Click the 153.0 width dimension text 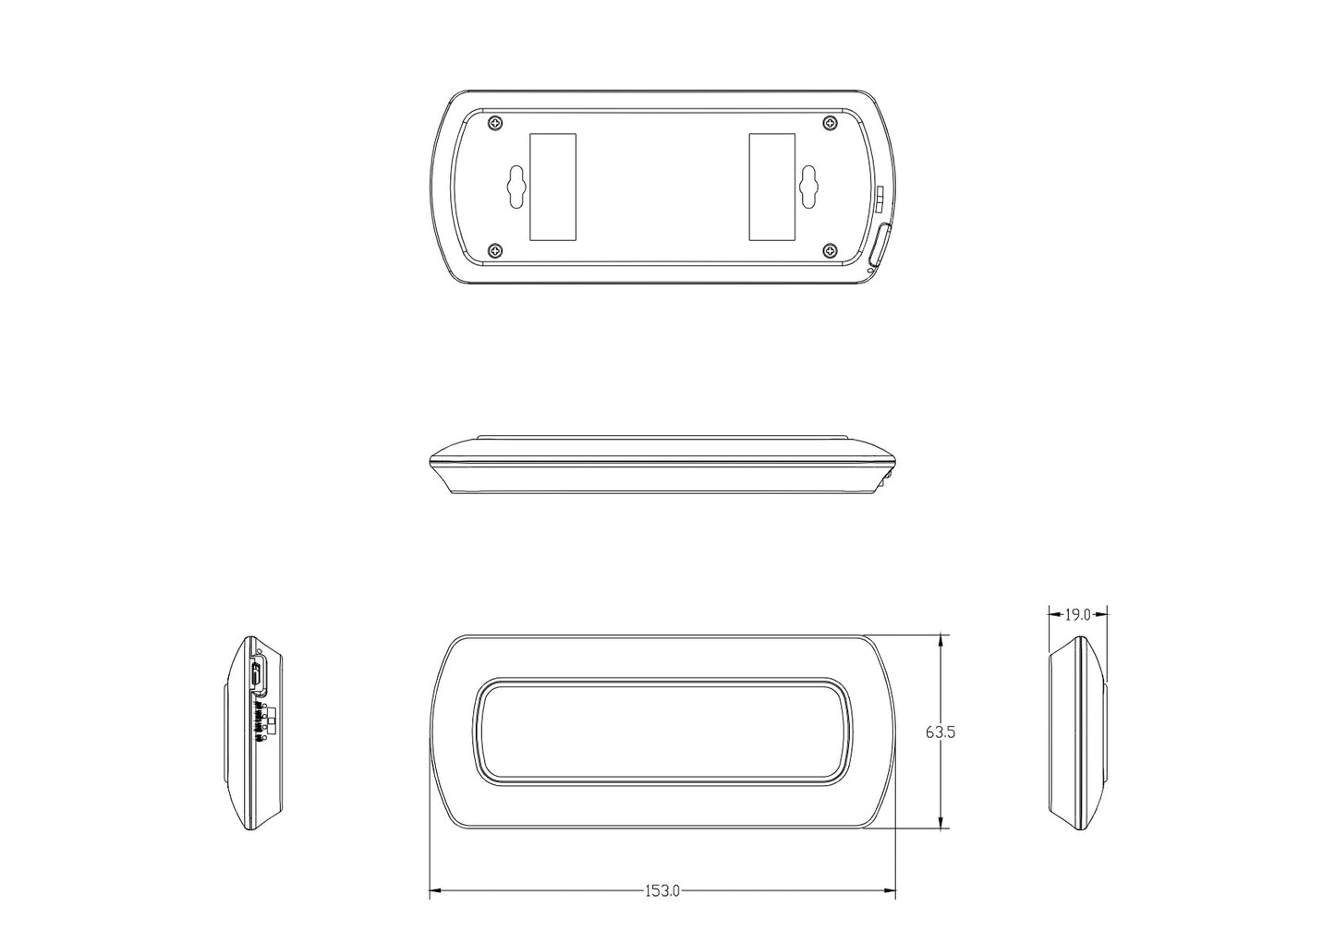point(662,891)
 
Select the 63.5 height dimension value point(940,731)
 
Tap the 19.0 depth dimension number point(1078,613)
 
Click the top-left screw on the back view point(497,123)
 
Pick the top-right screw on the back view point(829,123)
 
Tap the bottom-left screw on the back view point(497,250)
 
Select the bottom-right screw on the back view point(829,250)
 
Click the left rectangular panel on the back point(552,186)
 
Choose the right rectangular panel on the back point(772,186)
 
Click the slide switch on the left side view point(267,720)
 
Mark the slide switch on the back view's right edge point(880,197)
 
